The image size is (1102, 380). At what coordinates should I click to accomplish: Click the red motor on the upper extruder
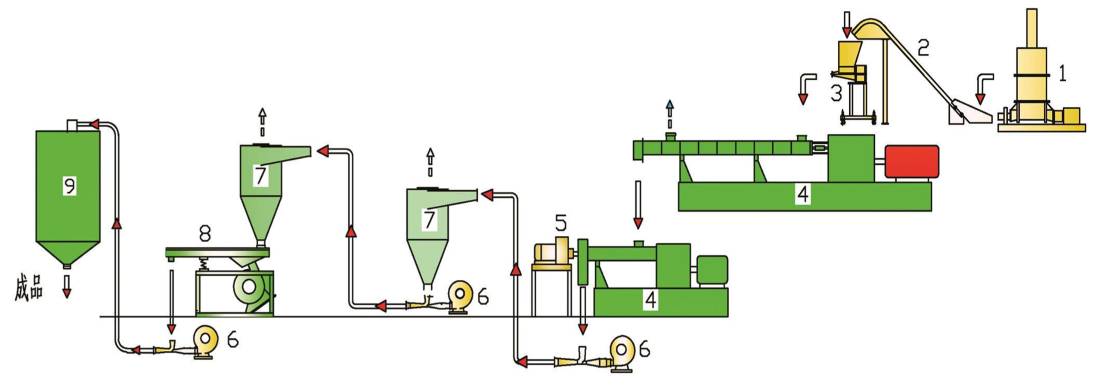pos(911,161)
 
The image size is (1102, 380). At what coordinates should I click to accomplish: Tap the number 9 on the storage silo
pos(69,186)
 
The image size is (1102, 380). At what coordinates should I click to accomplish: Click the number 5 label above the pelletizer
pos(560,223)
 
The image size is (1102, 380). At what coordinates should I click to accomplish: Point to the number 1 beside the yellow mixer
pos(1062,74)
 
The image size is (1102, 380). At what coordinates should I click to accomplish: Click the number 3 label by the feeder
pos(836,93)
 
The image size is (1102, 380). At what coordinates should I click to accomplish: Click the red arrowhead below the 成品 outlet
pos(66,293)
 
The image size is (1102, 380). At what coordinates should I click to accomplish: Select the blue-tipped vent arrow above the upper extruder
pos(669,105)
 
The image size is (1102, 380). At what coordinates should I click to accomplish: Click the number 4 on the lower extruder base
pos(650,300)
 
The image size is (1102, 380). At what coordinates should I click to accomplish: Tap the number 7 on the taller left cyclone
pos(260,176)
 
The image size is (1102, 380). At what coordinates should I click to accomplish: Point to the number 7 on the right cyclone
pos(429,219)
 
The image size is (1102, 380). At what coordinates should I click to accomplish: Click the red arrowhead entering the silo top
pos(95,124)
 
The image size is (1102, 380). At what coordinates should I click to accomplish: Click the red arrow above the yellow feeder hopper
pos(847,31)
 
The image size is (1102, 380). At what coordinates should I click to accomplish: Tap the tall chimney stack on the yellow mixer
pos(1030,28)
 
